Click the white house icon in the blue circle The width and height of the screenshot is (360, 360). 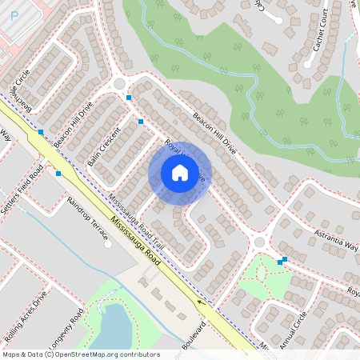pos(179,173)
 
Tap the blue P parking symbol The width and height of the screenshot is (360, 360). pos(14,15)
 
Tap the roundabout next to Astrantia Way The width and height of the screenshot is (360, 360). pos(258,242)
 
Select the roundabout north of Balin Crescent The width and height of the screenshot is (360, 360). pos(119,83)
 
